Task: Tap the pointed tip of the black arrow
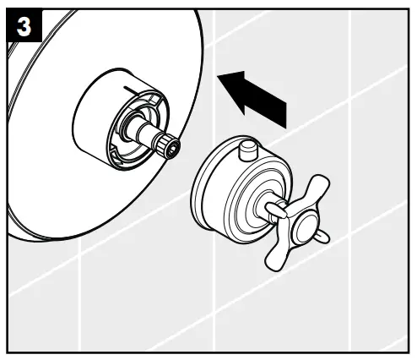coord(220,77)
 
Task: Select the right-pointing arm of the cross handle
coord(321,234)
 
